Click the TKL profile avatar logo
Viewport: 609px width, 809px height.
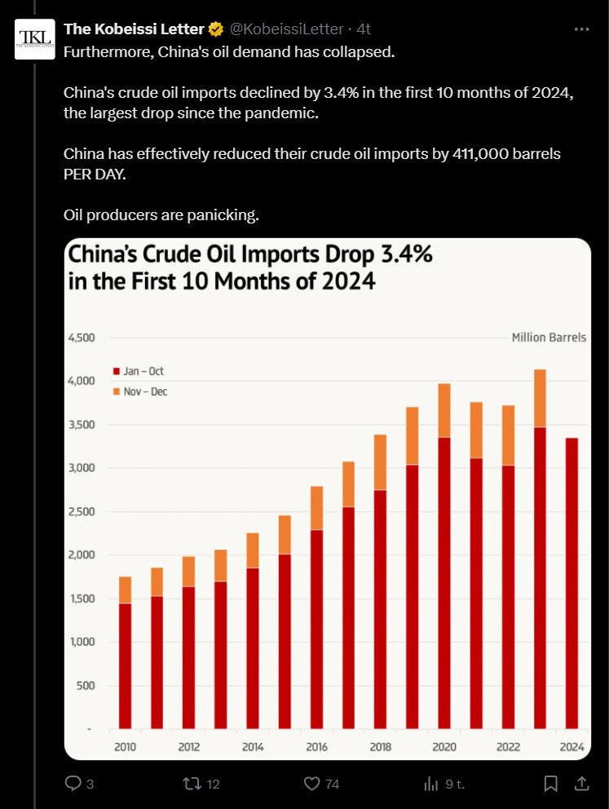(x=35, y=39)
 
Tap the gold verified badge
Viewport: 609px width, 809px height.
(x=216, y=29)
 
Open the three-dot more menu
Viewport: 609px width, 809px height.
(x=581, y=29)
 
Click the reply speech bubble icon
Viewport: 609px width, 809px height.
(x=73, y=784)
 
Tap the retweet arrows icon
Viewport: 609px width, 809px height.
(x=191, y=784)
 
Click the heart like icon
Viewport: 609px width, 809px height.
(x=311, y=784)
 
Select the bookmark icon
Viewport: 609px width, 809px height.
(x=550, y=784)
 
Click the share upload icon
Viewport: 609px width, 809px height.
(x=581, y=784)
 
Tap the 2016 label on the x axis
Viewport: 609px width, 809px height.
(x=316, y=747)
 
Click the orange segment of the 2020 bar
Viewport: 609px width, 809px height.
(x=444, y=410)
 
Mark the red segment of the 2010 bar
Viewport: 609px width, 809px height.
(x=126, y=665)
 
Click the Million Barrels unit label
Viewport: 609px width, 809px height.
(x=549, y=338)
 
